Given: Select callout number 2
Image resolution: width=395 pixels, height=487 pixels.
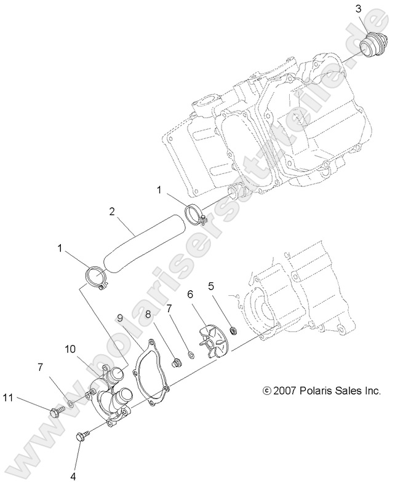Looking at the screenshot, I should pyautogui.click(x=112, y=212).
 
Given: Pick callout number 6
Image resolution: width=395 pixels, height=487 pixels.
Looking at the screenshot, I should pyautogui.click(x=191, y=295).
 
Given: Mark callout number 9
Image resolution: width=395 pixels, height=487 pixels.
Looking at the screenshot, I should pyautogui.click(x=121, y=318).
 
